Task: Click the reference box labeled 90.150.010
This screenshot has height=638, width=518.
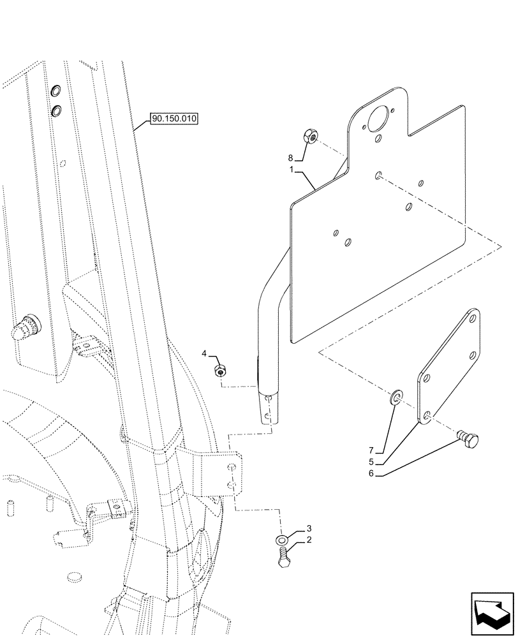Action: [x=174, y=119]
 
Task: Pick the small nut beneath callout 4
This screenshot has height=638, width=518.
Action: [x=221, y=370]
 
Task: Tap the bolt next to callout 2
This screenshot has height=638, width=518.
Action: [x=283, y=559]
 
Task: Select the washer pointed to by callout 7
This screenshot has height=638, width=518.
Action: [x=396, y=399]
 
